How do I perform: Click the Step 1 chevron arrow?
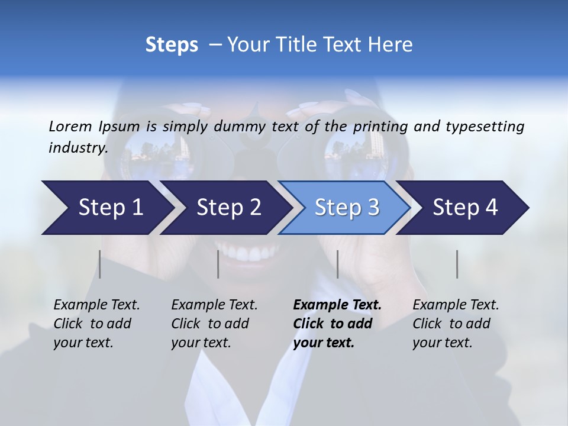click(106, 208)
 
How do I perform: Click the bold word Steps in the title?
click(172, 45)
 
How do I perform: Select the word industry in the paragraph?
click(78, 147)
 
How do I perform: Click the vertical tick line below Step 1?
click(100, 264)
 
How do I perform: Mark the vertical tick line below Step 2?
click(218, 264)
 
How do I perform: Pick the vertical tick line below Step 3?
click(337, 264)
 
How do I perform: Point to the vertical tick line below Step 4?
click(457, 264)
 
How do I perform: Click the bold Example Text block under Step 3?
click(337, 324)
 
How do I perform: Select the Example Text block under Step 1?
click(96, 324)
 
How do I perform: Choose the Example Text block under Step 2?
click(214, 324)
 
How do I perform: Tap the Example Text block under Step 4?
click(456, 324)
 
